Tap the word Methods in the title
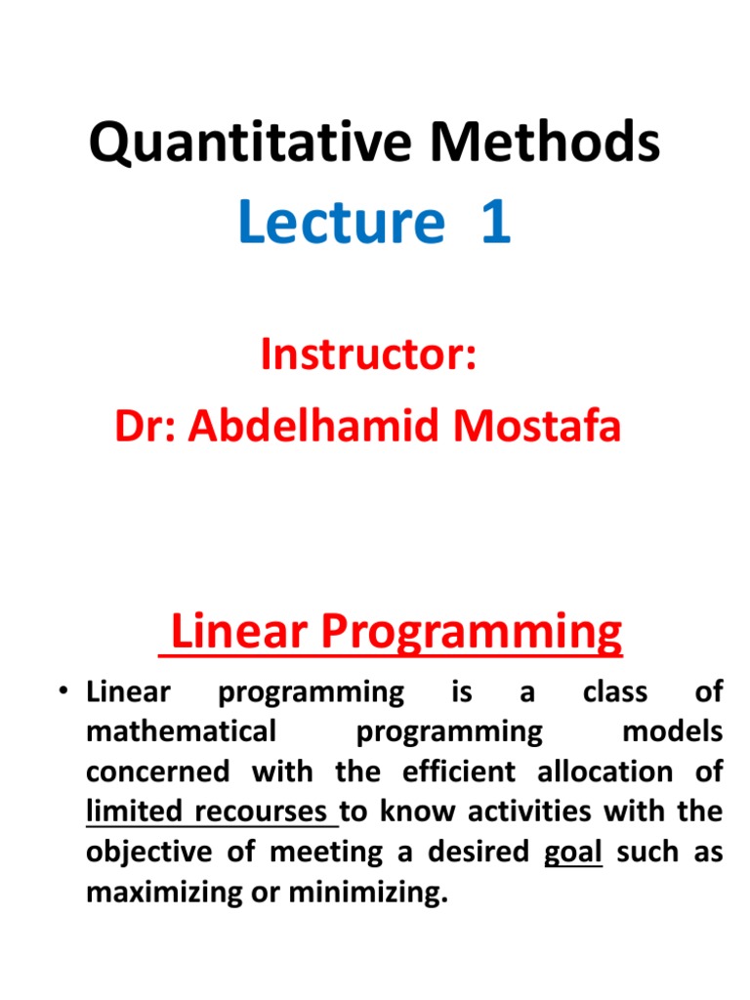[543, 144]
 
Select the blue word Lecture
[341, 222]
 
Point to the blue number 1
[494, 222]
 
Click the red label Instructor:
[368, 354]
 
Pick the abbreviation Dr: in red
[146, 427]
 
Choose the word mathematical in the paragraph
[181, 732]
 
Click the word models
[673, 732]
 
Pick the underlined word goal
[572, 853]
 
